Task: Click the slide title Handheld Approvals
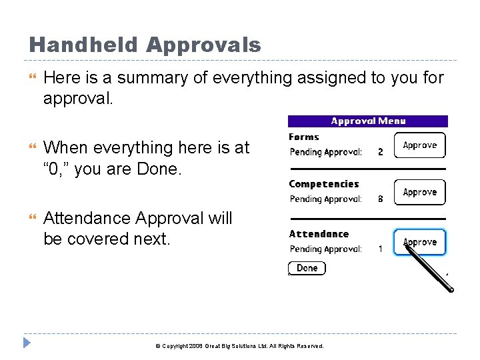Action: tap(145, 45)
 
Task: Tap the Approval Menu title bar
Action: tap(367, 121)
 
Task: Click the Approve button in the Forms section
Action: tap(419, 145)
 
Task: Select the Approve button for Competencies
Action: tap(419, 192)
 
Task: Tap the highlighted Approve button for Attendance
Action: tap(419, 242)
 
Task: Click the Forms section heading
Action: tap(304, 137)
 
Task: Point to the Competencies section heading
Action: tap(323, 184)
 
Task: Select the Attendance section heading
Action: tap(319, 234)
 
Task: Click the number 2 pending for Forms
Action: tap(381, 152)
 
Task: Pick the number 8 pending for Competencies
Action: tap(381, 199)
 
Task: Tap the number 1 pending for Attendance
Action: tap(381, 249)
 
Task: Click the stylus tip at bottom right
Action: tap(451, 289)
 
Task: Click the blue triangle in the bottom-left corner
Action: tap(27, 343)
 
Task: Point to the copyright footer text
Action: tap(239, 346)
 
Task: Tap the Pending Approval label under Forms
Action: tap(326, 152)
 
